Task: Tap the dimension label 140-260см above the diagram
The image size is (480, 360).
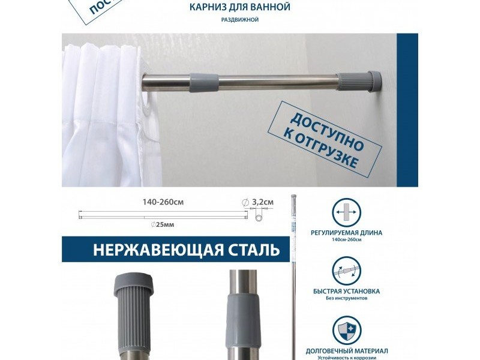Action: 163,202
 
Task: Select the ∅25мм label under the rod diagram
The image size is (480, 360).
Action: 163,224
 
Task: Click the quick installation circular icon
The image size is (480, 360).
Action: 347,271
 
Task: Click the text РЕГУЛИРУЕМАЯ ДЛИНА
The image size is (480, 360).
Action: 347,232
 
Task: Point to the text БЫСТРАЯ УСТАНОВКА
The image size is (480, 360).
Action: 347,292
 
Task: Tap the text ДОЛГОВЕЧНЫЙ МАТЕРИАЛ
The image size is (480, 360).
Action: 347,350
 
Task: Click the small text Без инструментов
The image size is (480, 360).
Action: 347,299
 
